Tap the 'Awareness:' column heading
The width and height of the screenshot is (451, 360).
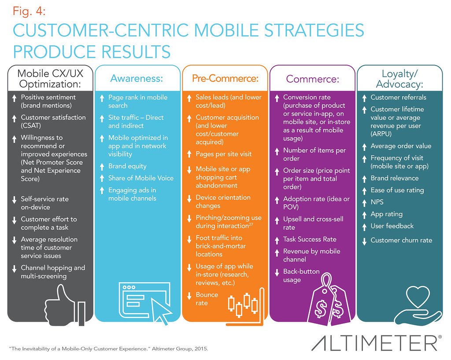click(137, 78)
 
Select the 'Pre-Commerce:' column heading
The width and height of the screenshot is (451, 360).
click(224, 78)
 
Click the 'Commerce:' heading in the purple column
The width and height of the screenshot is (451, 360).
click(312, 79)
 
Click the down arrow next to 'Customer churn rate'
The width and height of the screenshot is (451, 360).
click(364, 241)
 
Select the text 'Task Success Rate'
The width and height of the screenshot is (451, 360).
click(310, 239)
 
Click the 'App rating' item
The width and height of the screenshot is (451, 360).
click(386, 214)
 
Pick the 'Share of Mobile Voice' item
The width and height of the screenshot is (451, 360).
click(141, 178)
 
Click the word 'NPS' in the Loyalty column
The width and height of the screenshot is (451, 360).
click(377, 202)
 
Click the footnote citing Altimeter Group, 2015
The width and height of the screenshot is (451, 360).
click(108, 348)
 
